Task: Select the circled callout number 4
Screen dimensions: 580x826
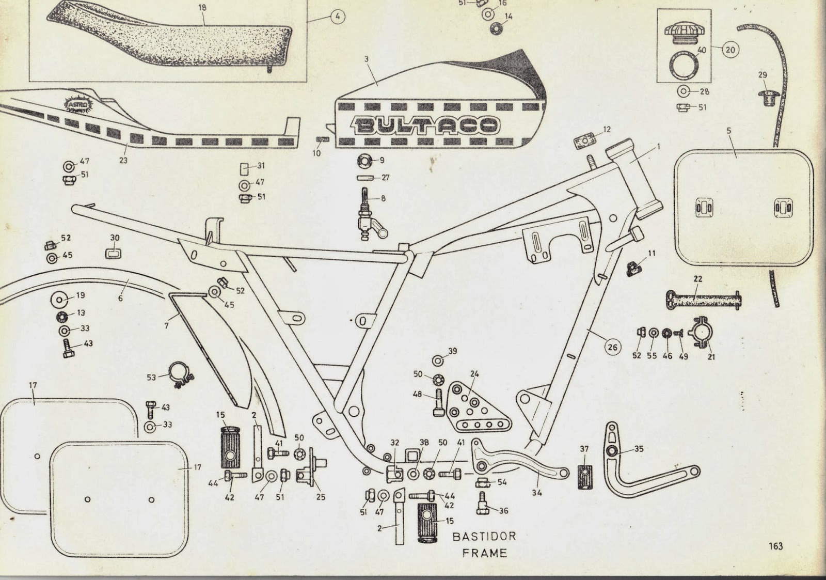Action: (337, 17)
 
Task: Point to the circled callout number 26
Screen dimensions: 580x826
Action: (612, 347)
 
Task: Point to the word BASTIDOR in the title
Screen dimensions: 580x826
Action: (484, 536)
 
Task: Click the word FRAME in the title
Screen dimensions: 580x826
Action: (484, 553)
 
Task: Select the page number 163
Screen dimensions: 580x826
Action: (775, 545)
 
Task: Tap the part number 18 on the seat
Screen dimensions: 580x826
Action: (202, 8)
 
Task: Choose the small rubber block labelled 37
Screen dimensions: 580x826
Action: (584, 476)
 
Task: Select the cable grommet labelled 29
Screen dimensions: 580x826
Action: (768, 97)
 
